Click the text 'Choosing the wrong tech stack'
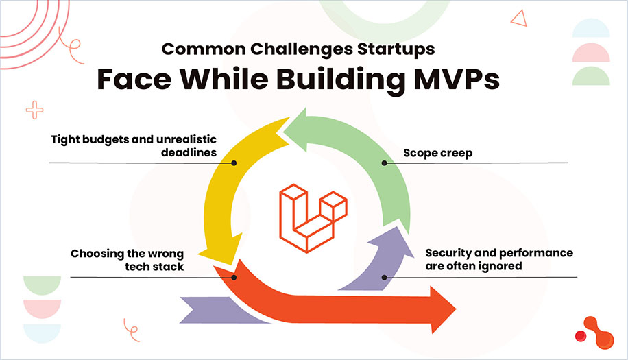point(127,260)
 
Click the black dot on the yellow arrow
point(234,163)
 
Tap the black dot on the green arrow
point(385,163)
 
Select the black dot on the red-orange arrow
point(234,278)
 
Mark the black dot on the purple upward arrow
point(385,278)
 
